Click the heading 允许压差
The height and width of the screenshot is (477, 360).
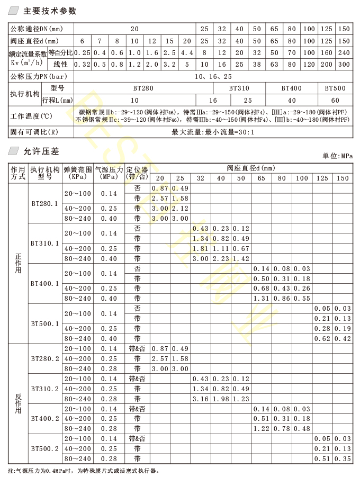[x=41, y=151]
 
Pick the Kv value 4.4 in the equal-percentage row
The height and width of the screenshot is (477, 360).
[x=187, y=53]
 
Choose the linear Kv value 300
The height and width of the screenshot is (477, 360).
[x=344, y=64]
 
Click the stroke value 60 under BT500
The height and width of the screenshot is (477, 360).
[x=335, y=100]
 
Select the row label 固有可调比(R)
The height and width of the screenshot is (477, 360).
[x=34, y=132]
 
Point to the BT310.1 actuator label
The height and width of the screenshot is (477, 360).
[x=44, y=244]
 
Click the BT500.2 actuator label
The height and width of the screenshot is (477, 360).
[x=44, y=448]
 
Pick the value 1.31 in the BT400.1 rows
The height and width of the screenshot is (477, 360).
[x=262, y=299]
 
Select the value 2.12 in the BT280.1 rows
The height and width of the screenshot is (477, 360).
[x=180, y=208]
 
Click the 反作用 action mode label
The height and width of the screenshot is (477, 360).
[x=18, y=403]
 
